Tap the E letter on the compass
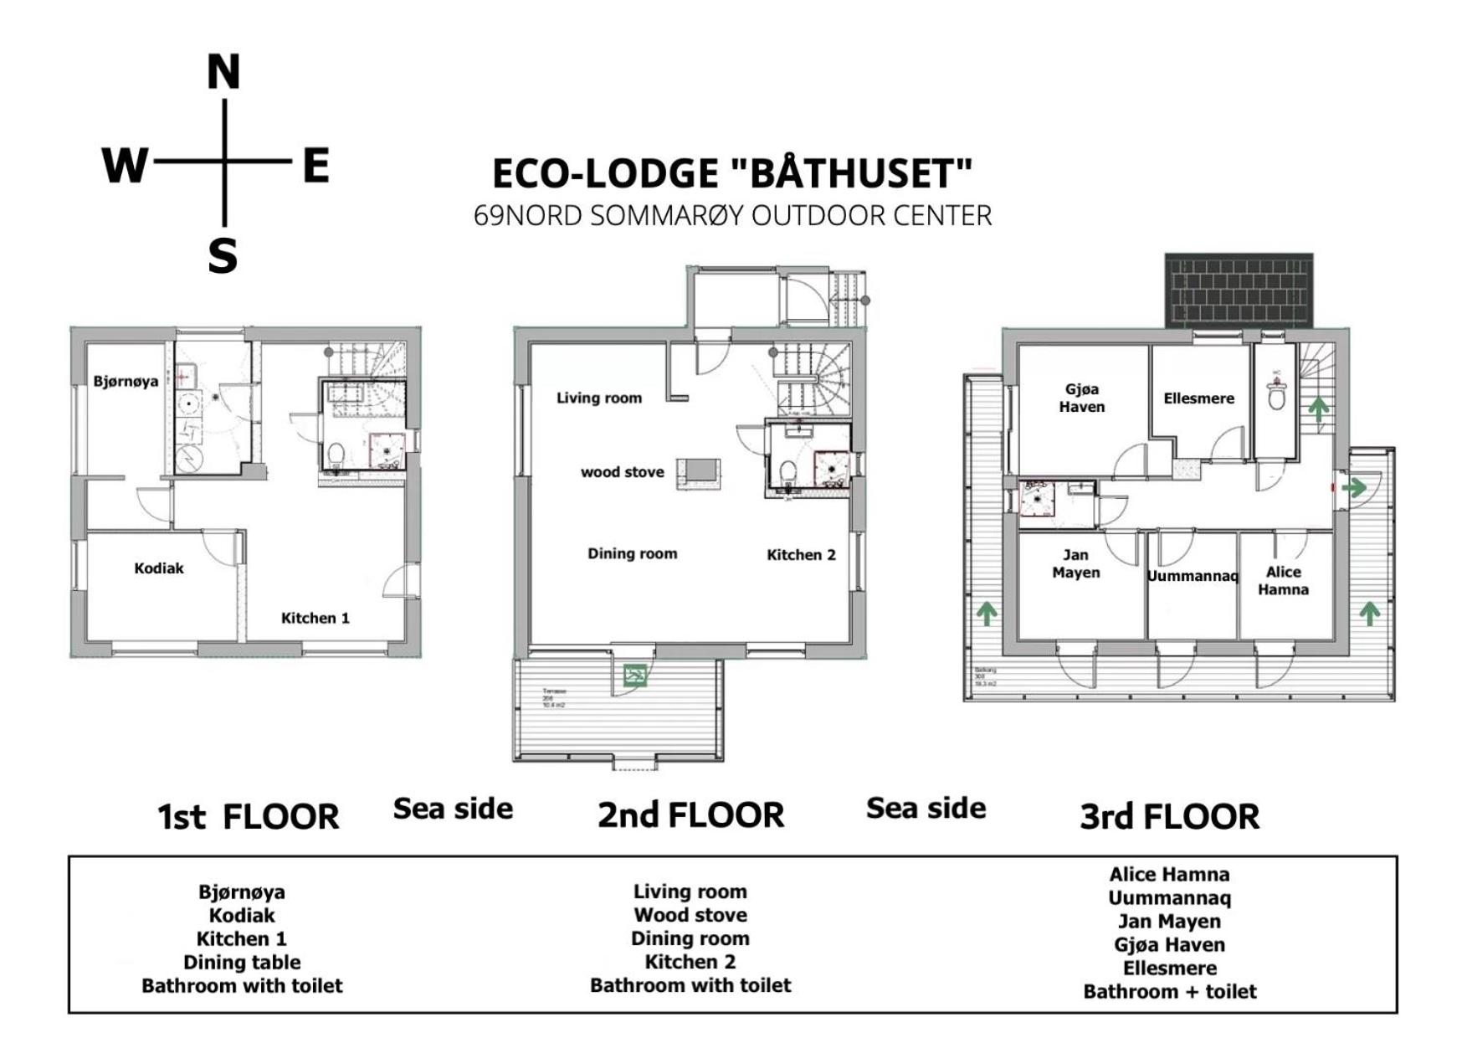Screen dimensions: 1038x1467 (x=315, y=165)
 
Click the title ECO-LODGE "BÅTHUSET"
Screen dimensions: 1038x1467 (x=732, y=173)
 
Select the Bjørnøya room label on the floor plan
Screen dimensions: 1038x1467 (x=126, y=382)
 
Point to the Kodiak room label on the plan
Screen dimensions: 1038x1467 (x=159, y=568)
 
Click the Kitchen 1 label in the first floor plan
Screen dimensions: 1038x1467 (x=315, y=618)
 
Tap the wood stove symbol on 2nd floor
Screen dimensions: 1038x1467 (x=699, y=471)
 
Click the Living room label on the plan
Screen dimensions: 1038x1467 (x=599, y=398)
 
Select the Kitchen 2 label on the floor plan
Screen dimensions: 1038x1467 (x=801, y=555)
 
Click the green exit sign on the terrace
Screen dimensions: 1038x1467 (x=635, y=675)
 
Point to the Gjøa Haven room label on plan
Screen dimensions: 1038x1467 (x=1082, y=398)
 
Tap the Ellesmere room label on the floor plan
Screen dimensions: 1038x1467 (x=1198, y=398)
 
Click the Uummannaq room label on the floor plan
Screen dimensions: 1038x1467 (x=1192, y=576)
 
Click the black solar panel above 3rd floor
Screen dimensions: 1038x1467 (x=1239, y=290)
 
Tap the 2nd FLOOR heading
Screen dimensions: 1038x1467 (x=690, y=814)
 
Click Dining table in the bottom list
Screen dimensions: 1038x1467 (x=242, y=962)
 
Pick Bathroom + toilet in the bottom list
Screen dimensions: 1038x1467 (x=1169, y=991)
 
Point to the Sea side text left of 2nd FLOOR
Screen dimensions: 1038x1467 (x=453, y=809)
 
